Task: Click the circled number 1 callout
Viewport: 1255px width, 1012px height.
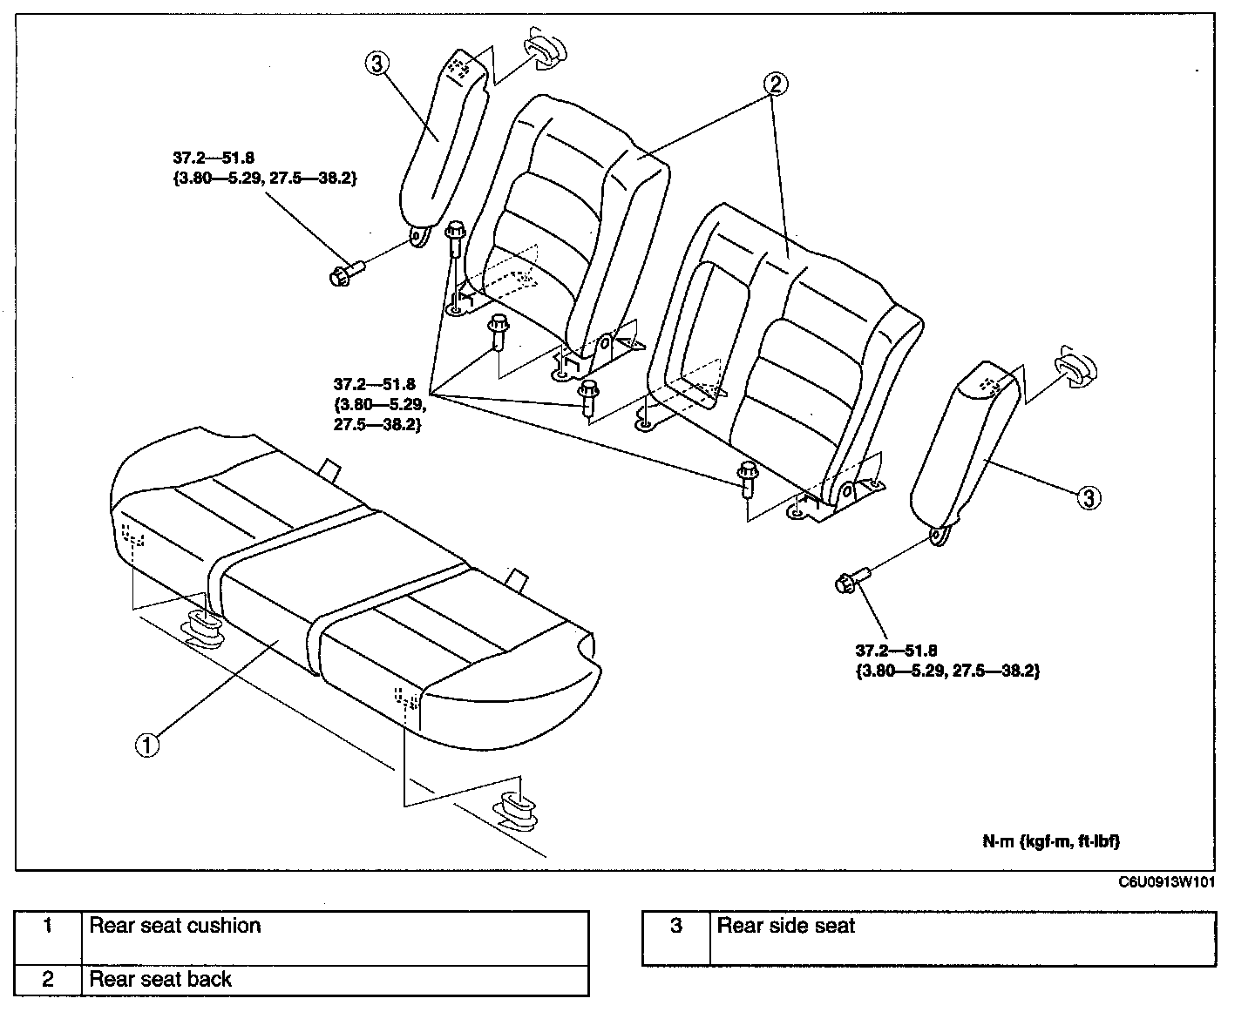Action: point(147,745)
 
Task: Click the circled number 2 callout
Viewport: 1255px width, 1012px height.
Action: point(776,84)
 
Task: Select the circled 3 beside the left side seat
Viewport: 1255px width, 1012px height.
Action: point(377,63)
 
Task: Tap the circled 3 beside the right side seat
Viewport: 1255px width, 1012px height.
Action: point(1089,498)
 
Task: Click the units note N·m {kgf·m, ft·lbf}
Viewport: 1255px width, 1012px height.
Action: point(1051,841)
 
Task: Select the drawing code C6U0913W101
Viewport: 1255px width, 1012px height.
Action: point(1166,882)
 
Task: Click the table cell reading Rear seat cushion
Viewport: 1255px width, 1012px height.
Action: point(336,938)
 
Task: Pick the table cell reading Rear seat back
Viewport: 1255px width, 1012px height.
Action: point(336,980)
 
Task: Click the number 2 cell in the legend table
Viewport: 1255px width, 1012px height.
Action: point(49,980)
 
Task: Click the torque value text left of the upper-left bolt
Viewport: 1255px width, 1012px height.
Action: point(264,168)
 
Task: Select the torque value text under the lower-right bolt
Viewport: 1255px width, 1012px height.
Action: point(947,661)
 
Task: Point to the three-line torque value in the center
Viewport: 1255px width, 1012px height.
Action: point(380,404)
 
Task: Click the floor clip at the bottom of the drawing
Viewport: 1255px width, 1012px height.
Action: point(515,810)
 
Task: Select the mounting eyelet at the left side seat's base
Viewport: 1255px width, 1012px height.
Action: point(418,236)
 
